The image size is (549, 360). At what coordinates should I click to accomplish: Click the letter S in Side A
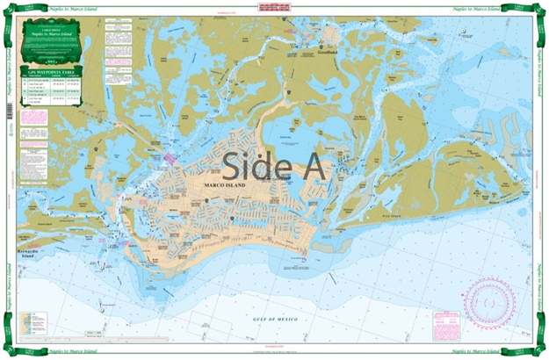pos(234,165)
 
